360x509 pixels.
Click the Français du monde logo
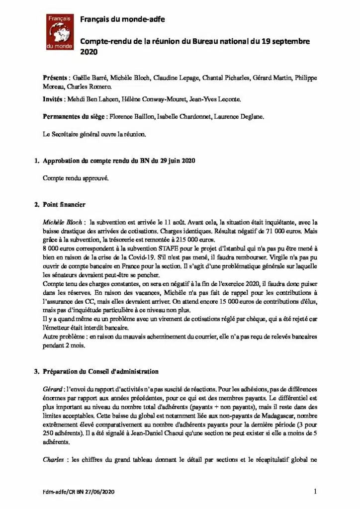(x=60, y=31)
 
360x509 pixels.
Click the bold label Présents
(x=55, y=79)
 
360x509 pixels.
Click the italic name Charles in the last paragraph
(x=54, y=460)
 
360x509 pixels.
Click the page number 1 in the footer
(x=316, y=492)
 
